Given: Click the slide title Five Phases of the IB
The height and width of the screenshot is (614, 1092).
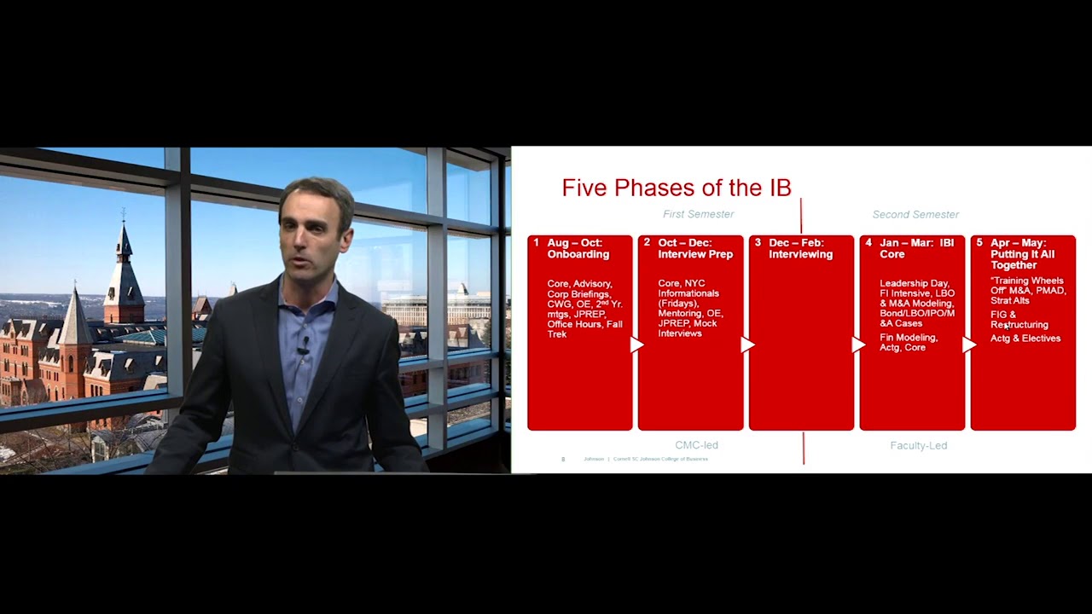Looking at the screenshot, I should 676,188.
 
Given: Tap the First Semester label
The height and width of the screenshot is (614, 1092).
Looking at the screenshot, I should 698,214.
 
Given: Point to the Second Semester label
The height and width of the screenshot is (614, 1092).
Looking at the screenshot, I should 915,214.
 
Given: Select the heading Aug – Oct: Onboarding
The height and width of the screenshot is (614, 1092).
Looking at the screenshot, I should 578,248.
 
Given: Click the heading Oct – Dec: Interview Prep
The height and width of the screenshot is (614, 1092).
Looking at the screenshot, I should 694,248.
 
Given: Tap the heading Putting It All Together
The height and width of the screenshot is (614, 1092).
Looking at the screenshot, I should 1022,259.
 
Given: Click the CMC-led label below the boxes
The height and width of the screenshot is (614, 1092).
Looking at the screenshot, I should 696,445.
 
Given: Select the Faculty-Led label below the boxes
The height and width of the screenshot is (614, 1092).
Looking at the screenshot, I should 918,445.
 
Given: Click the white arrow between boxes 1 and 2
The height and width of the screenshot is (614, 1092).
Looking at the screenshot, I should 636,345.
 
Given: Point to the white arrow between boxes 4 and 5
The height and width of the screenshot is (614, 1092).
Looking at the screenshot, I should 969,345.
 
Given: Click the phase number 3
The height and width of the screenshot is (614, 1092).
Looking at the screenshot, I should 758,243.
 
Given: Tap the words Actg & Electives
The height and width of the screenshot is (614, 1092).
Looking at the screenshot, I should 1025,339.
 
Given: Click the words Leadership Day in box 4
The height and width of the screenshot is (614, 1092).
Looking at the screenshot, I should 914,283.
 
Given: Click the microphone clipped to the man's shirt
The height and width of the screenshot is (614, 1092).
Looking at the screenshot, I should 303,346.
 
